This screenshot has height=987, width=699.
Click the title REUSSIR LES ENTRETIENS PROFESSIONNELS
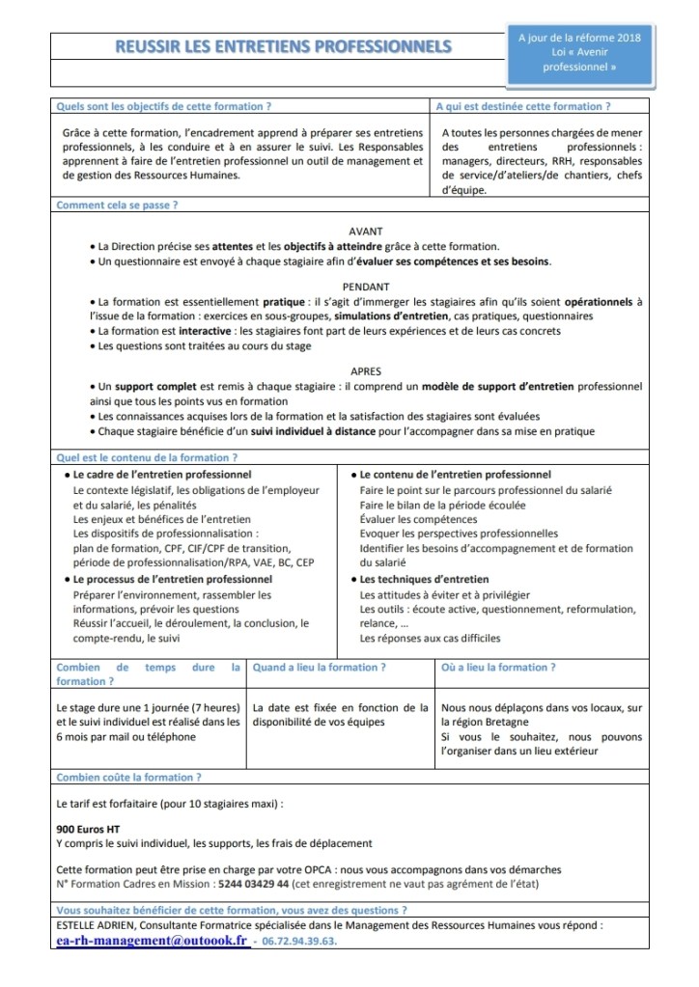(283, 45)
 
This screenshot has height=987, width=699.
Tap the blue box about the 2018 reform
(579, 52)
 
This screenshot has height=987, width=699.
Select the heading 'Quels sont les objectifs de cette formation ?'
(163, 107)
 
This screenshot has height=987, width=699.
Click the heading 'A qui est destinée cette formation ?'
(523, 107)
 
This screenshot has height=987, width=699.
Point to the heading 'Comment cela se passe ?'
(117, 206)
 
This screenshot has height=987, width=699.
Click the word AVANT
(365, 231)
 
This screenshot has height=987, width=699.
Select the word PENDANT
(365, 287)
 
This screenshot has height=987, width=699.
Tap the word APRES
(365, 370)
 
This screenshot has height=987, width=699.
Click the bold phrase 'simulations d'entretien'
(391, 316)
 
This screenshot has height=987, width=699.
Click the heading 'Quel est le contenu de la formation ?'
(147, 458)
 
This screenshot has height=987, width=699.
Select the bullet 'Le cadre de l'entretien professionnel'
(162, 475)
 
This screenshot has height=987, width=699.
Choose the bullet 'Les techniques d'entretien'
(416, 580)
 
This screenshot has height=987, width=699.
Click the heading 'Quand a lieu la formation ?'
(320, 668)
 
